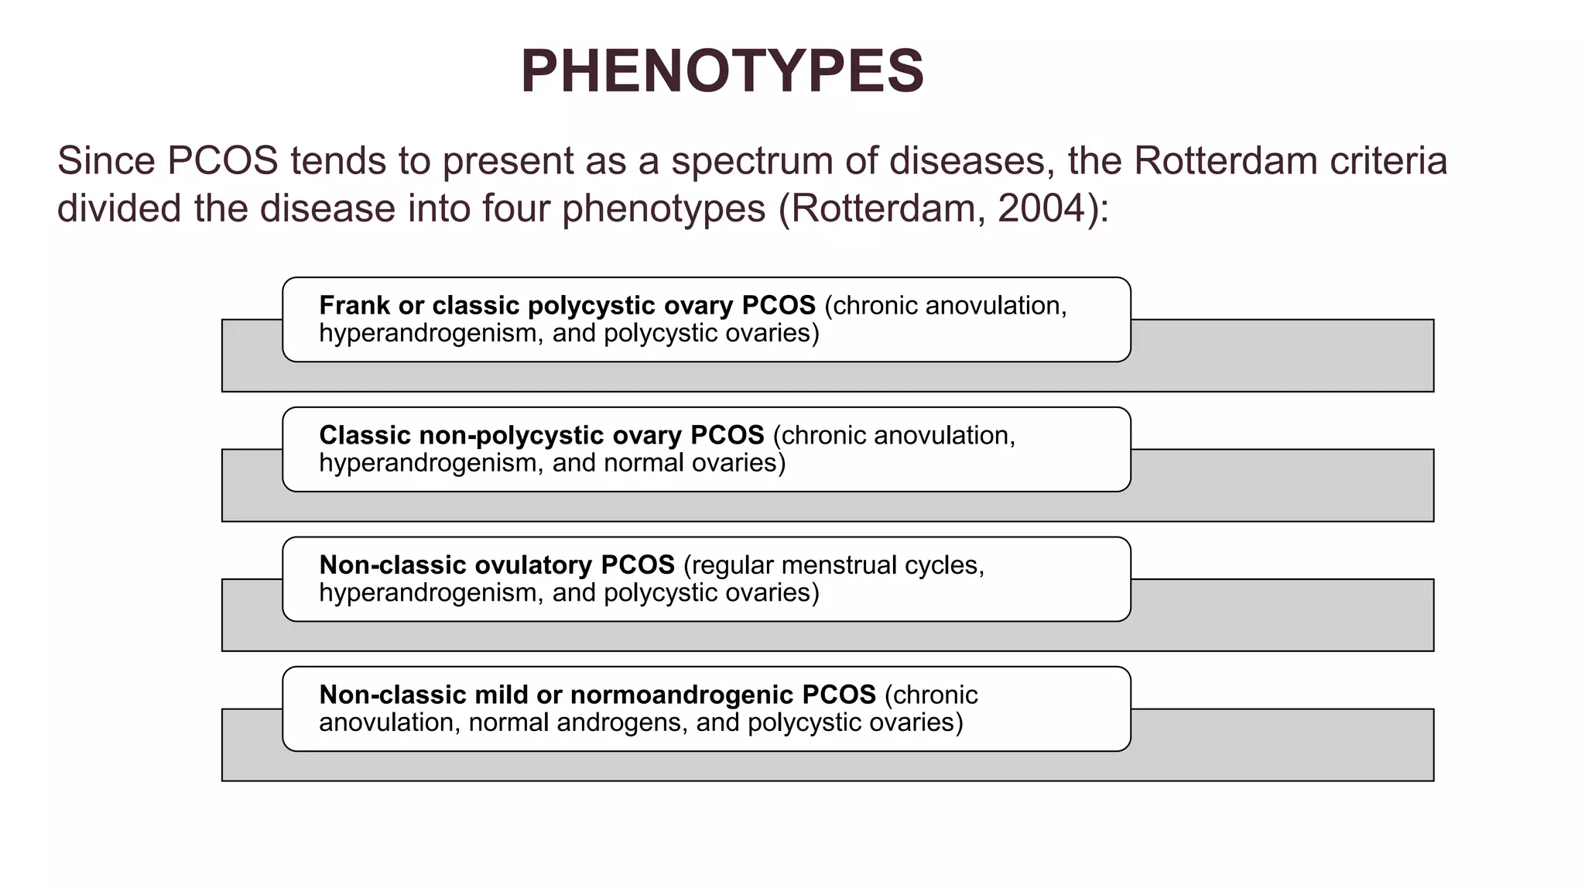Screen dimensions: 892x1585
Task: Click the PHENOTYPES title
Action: click(722, 71)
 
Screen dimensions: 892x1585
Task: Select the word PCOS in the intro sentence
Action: click(222, 161)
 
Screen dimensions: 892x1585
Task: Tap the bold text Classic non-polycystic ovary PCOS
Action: click(541, 435)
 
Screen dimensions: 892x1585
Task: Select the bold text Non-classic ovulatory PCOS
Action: click(496, 565)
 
